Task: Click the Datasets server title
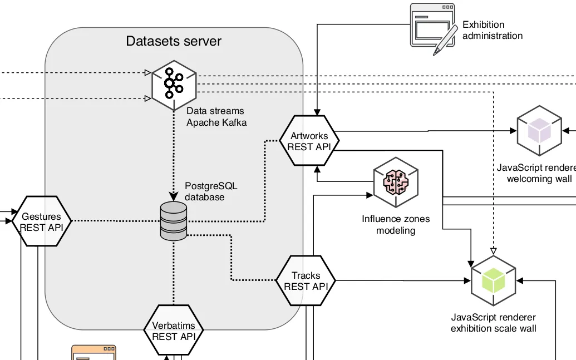(174, 41)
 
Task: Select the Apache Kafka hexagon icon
(174, 84)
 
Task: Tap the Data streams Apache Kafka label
(216, 117)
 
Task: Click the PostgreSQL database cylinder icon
(174, 221)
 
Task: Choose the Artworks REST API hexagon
(309, 141)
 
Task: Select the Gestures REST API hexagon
(41, 221)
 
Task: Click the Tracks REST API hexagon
(306, 281)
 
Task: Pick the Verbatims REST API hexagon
(173, 331)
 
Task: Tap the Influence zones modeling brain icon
(396, 183)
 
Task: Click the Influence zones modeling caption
(396, 225)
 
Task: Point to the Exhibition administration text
(492, 30)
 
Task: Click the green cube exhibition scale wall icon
(493, 281)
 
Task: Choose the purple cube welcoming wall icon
(539, 131)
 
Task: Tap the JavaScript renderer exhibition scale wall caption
(493, 323)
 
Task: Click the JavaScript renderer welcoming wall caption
(538, 173)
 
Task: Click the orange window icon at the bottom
(93, 353)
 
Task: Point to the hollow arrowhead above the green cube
(493, 250)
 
